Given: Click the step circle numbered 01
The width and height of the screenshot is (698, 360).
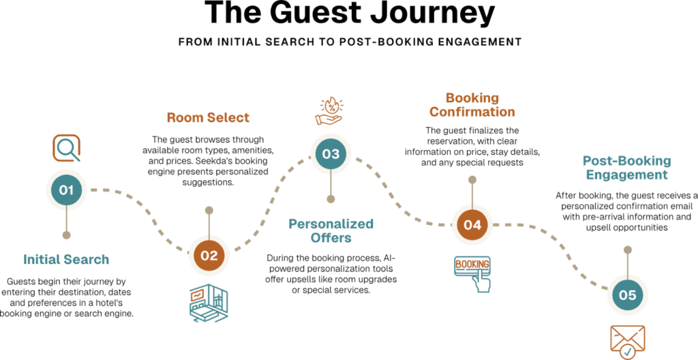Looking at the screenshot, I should coord(66,190).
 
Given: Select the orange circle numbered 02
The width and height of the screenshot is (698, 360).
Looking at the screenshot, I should coord(209,256).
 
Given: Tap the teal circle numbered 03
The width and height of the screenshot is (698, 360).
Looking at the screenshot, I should coord(331,154).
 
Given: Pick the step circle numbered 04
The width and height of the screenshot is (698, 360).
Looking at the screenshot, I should coord(472,224).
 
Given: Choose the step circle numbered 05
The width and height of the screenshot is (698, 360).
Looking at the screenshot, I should coord(627,295).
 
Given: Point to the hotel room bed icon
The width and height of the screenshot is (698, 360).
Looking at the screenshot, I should coord(209,302).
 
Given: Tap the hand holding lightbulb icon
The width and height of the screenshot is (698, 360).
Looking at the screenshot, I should coord(330,111).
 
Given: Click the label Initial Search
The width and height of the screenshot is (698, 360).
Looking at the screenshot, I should coord(67,260).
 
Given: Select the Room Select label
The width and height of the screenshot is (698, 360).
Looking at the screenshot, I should coord(209,117).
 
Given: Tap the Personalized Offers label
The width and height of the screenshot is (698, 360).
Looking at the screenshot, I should coord(331,230).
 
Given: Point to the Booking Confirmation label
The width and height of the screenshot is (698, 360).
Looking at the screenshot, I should coord(472,105).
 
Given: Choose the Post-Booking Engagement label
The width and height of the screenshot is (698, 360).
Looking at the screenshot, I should coord(627,168).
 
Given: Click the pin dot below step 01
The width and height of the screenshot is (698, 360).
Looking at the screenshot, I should coord(66,235).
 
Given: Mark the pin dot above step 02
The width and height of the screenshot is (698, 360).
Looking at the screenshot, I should coord(209,210).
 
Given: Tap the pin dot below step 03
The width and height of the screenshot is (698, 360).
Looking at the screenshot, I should coord(331,199).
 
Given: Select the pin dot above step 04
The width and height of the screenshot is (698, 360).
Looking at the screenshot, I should coord(472,179).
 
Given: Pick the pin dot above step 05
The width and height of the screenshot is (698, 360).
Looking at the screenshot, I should coord(627,250).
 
